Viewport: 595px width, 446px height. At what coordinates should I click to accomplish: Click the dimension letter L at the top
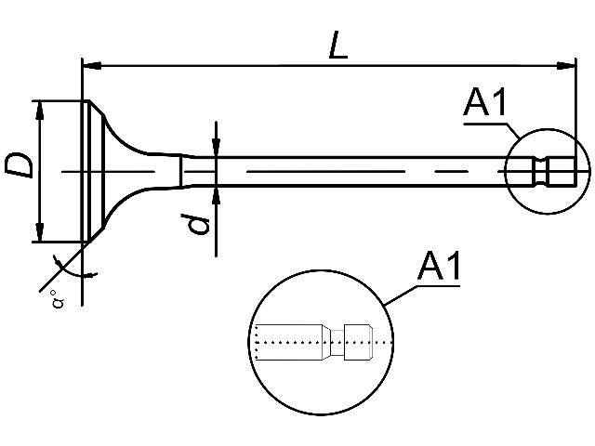(x=338, y=46)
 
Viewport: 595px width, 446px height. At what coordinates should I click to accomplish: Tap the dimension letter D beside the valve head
(x=19, y=165)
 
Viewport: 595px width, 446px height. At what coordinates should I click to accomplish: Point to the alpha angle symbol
(x=58, y=300)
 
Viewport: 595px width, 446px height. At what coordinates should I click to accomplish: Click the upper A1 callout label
(x=485, y=101)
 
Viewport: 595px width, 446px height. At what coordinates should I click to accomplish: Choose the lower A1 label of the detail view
(x=439, y=266)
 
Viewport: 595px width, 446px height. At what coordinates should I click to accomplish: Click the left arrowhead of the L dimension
(x=92, y=66)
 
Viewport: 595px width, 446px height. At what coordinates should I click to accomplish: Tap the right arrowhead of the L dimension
(x=566, y=66)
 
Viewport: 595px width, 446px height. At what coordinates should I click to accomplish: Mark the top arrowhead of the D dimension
(x=39, y=111)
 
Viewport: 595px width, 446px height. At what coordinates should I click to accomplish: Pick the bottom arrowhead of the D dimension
(x=39, y=231)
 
